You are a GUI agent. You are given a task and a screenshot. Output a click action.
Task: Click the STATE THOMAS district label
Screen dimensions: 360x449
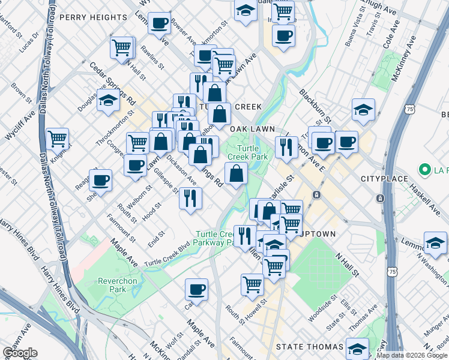pyautogui.click(x=309, y=347)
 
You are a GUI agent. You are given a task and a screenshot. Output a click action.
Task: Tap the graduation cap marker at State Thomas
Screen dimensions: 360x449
pyautogui.click(x=357, y=348)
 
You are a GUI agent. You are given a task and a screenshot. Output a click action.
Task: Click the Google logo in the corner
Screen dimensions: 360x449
pyautogui.click(x=20, y=353)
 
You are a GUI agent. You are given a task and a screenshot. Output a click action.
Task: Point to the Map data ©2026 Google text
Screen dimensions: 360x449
pyautogui.click(x=412, y=355)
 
